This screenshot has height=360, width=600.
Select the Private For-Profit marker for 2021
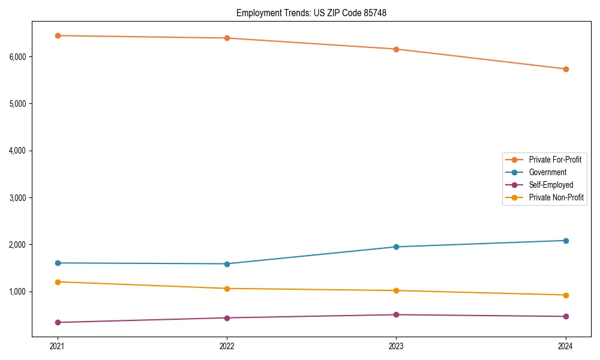tap(58, 35)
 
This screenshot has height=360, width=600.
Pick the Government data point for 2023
tap(396, 247)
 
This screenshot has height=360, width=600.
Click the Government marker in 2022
tap(227, 264)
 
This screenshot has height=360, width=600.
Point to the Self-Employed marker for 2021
tap(58, 322)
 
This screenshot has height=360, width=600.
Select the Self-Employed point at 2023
tap(396, 314)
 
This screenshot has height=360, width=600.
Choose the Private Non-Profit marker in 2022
tap(227, 289)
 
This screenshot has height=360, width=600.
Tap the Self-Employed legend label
tap(551, 185)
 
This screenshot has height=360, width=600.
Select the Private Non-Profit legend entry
tap(556, 197)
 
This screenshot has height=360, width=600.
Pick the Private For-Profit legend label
tap(554, 160)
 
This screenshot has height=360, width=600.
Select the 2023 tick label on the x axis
tap(396, 346)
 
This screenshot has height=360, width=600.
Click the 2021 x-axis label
tap(58, 346)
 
